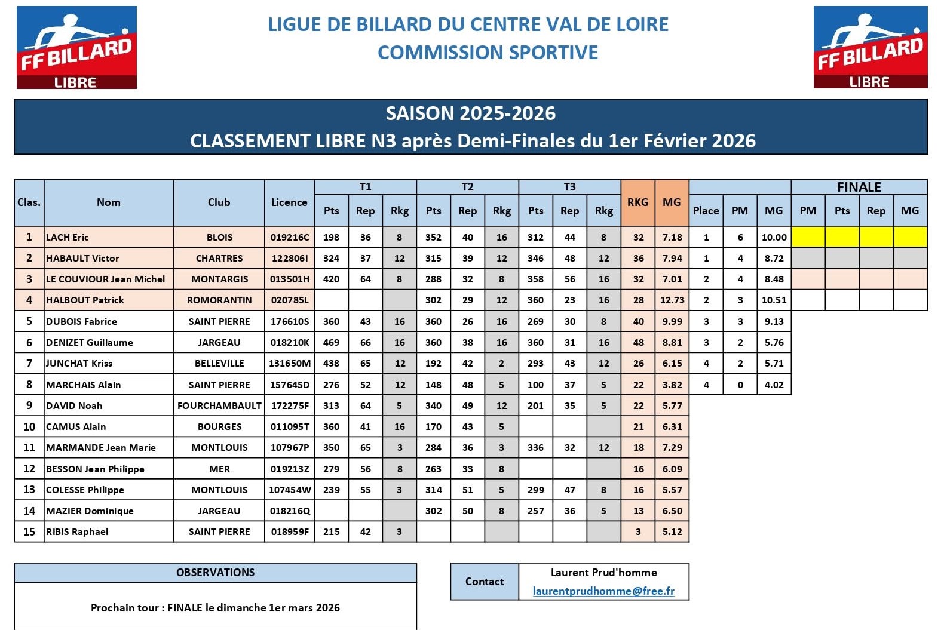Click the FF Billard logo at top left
click(76, 48)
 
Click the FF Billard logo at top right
click(870, 48)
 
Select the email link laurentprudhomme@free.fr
click(603, 591)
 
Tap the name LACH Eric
click(68, 237)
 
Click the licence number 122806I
click(290, 258)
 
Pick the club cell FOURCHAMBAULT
click(219, 405)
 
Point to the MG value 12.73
click(672, 300)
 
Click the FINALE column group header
click(859, 187)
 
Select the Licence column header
click(289, 202)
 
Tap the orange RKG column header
click(637, 202)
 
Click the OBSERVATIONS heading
click(215, 572)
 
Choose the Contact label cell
click(485, 581)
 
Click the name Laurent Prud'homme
click(603, 572)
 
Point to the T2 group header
click(467, 187)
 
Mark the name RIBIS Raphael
click(77, 531)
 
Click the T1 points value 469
click(331, 342)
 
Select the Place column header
click(706, 210)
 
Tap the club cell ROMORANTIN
click(219, 300)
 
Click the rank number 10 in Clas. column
click(29, 426)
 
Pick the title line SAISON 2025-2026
click(470, 113)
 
